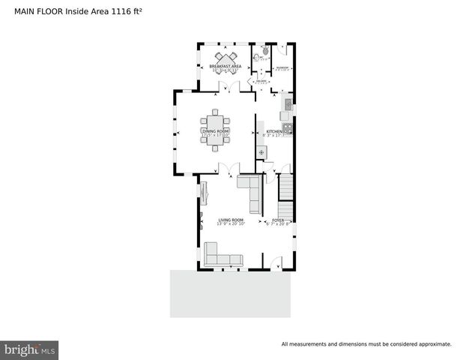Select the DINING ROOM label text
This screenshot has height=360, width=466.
click(x=215, y=132)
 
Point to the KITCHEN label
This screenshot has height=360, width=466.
click(x=273, y=132)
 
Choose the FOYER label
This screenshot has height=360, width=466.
click(x=278, y=220)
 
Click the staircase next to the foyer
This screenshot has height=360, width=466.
click(x=285, y=197)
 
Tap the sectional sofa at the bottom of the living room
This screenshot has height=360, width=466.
click(x=220, y=256)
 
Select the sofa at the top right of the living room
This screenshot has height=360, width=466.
click(x=249, y=190)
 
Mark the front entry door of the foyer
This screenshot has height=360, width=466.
click(x=276, y=262)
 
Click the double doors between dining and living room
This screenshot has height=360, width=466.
click(x=226, y=168)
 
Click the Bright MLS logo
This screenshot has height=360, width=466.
click(x=29, y=349)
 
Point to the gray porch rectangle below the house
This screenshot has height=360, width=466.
click(x=229, y=293)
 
